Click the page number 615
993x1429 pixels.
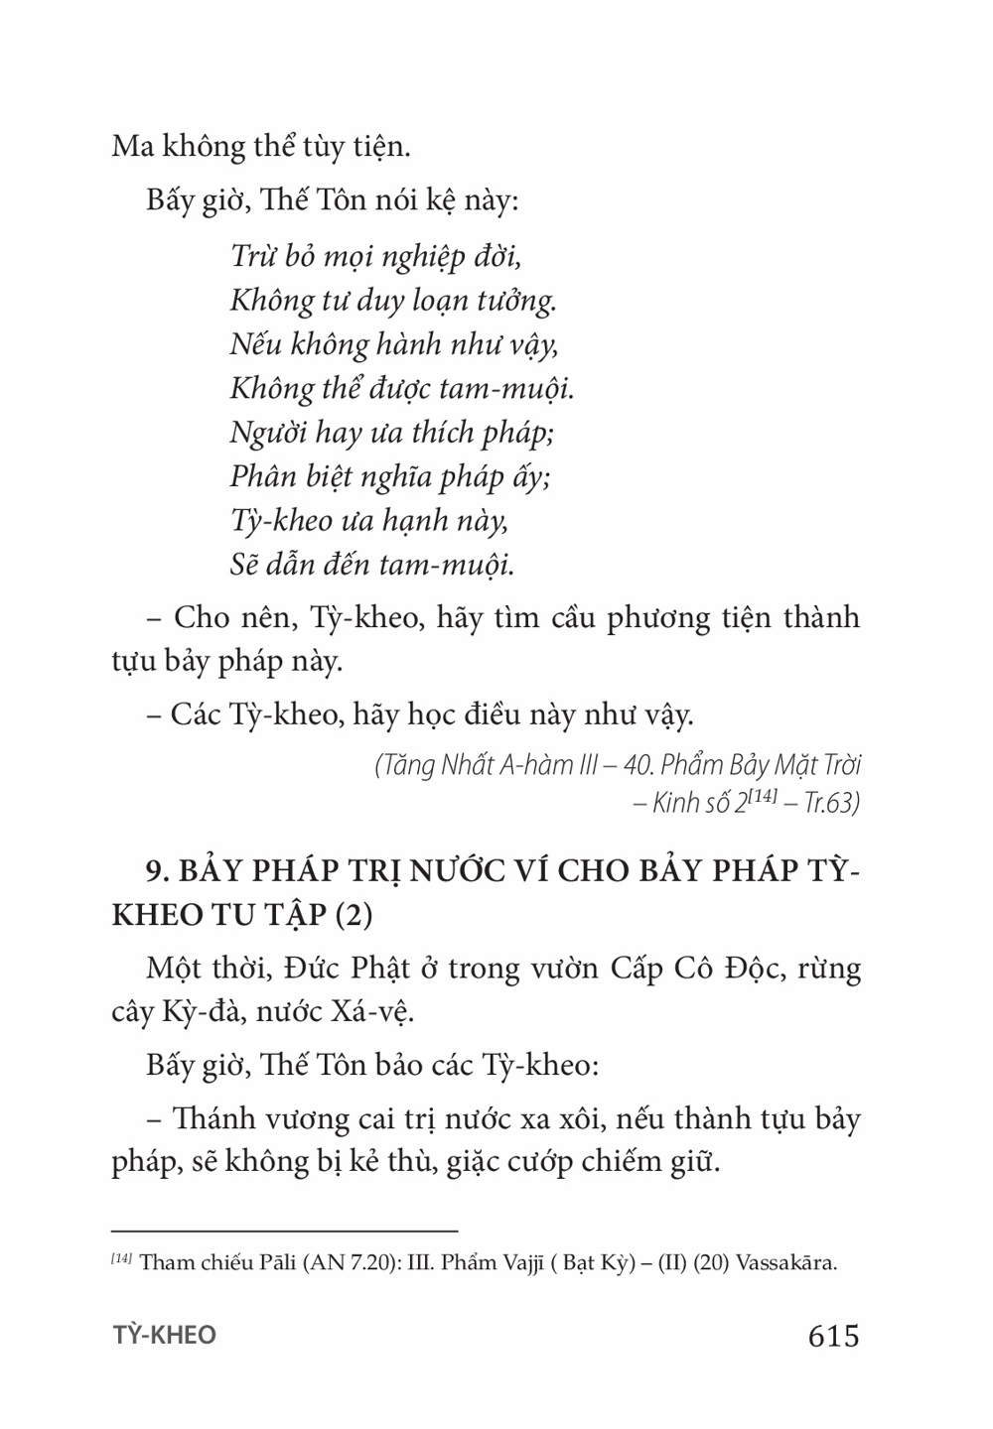[833, 1336]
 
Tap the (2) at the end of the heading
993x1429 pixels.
[352, 914]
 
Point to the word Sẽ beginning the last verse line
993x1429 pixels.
[244, 565]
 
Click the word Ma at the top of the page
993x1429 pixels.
[132, 147]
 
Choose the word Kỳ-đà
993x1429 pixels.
[211, 1014]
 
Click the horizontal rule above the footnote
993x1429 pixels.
[284, 1230]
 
